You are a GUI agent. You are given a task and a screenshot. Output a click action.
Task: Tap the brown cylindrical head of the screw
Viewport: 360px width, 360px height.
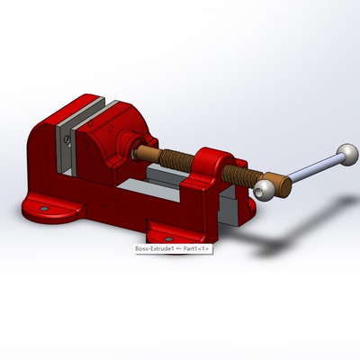[282, 184]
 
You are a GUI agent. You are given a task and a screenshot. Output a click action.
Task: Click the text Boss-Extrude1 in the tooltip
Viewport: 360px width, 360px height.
[152, 248]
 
